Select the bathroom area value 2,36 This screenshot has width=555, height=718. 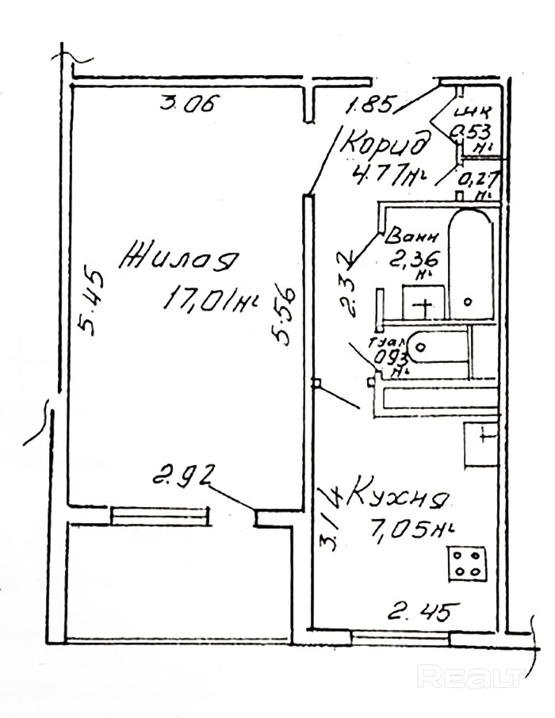[x=414, y=258]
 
